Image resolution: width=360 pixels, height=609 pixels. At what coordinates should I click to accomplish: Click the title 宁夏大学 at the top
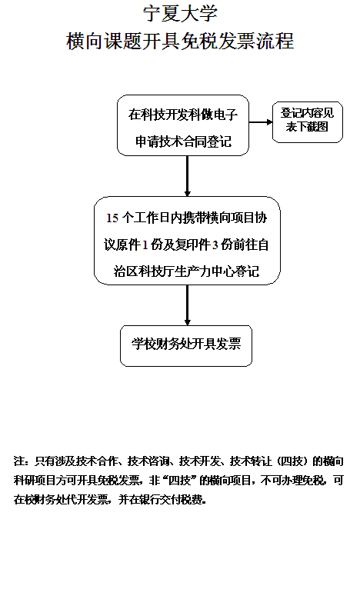(180, 14)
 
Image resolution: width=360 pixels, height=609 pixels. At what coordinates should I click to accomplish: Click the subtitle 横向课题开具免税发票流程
(180, 41)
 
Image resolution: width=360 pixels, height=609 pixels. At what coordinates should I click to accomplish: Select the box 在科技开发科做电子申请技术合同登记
(183, 125)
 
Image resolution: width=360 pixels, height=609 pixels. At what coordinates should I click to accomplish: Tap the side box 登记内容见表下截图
(307, 122)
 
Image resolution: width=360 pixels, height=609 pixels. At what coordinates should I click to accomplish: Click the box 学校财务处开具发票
(186, 346)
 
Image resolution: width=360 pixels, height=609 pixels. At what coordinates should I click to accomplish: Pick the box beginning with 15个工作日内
(187, 241)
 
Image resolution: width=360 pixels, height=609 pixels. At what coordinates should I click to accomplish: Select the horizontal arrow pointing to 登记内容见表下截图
(261, 122)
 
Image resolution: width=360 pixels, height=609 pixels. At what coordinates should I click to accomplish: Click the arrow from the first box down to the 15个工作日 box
(187, 176)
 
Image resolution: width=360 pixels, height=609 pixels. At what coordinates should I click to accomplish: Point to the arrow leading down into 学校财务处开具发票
(187, 305)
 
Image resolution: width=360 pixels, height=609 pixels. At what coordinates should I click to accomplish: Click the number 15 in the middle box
(112, 218)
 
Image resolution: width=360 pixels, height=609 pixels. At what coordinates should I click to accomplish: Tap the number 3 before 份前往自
(215, 245)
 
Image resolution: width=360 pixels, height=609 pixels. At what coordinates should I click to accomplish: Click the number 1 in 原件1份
(145, 245)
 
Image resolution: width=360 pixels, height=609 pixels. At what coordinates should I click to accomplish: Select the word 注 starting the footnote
(19, 461)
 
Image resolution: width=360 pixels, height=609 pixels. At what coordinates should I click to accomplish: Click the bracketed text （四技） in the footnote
(292, 461)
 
